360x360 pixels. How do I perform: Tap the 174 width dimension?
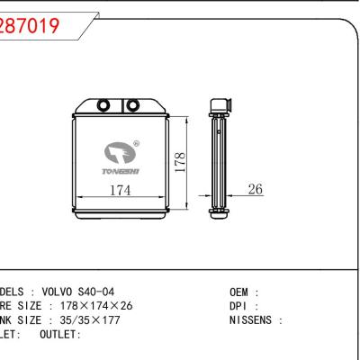click(x=117, y=191)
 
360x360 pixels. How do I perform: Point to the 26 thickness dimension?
click(x=255, y=191)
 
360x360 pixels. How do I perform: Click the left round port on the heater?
click(x=104, y=104)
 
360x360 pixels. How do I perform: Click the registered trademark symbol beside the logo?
click(x=136, y=142)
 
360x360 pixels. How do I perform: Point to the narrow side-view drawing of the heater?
click(x=217, y=157)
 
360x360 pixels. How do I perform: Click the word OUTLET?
click(x=59, y=334)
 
